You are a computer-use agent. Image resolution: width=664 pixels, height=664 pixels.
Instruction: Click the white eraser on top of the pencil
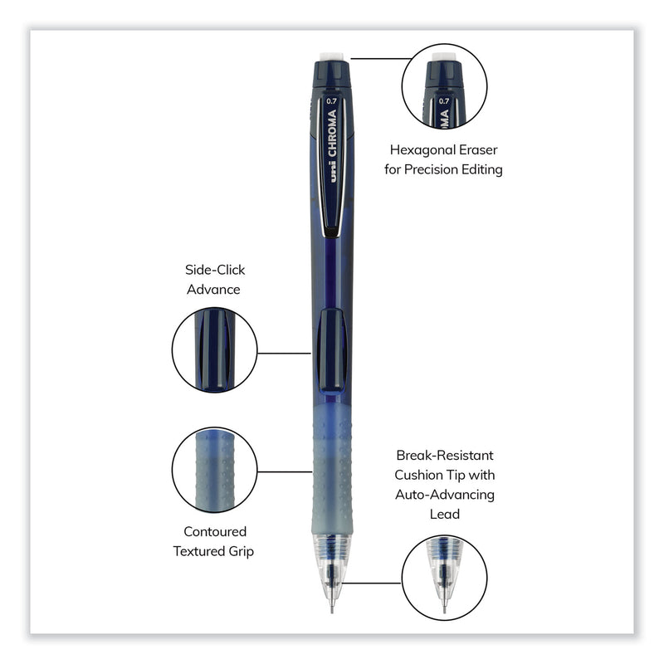pyautogui.click(x=333, y=56)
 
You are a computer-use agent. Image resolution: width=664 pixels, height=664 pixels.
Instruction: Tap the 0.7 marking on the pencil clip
pyautogui.click(x=331, y=102)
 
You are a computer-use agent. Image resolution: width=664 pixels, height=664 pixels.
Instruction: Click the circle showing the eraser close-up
pyautogui.click(x=444, y=86)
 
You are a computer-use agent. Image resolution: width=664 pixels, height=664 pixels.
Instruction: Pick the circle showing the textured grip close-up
pyautogui.click(x=214, y=471)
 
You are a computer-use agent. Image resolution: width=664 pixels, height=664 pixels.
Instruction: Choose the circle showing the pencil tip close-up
pyautogui.click(x=444, y=578)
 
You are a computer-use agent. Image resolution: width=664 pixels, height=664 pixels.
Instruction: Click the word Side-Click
pyautogui.click(x=215, y=271)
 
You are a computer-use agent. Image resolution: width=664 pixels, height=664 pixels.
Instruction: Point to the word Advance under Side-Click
pyautogui.click(x=215, y=290)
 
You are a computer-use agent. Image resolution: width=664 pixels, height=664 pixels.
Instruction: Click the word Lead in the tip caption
pyautogui.click(x=444, y=514)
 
